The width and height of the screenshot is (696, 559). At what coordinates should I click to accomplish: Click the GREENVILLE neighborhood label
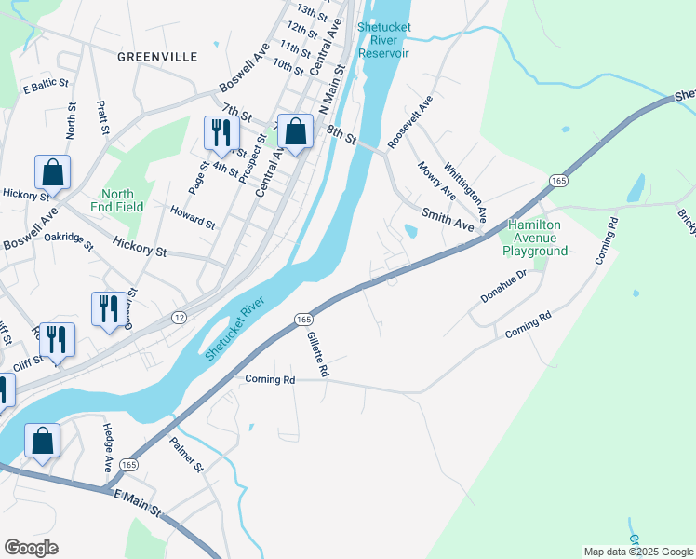[x=157, y=57]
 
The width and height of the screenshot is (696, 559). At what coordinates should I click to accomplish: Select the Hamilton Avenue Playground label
[x=535, y=238]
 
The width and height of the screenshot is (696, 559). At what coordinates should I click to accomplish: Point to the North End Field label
[x=123, y=200]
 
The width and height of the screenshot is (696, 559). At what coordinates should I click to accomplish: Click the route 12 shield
[x=178, y=319]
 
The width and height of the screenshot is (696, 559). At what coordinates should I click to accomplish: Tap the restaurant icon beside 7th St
[x=221, y=133]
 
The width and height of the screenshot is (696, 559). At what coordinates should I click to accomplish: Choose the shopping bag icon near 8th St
[x=295, y=133]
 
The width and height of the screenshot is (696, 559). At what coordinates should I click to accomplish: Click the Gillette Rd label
[x=318, y=356]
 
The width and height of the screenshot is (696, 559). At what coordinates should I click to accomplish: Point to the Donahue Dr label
[x=503, y=284]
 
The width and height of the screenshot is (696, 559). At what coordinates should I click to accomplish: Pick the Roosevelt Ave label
[x=411, y=120]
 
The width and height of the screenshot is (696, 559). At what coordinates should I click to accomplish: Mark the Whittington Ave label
[x=466, y=192]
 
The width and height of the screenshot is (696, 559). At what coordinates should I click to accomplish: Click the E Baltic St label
[x=47, y=85]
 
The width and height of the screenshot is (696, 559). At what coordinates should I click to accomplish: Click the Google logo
[x=31, y=548]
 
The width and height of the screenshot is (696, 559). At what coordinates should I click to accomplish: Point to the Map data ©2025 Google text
[x=638, y=552]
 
